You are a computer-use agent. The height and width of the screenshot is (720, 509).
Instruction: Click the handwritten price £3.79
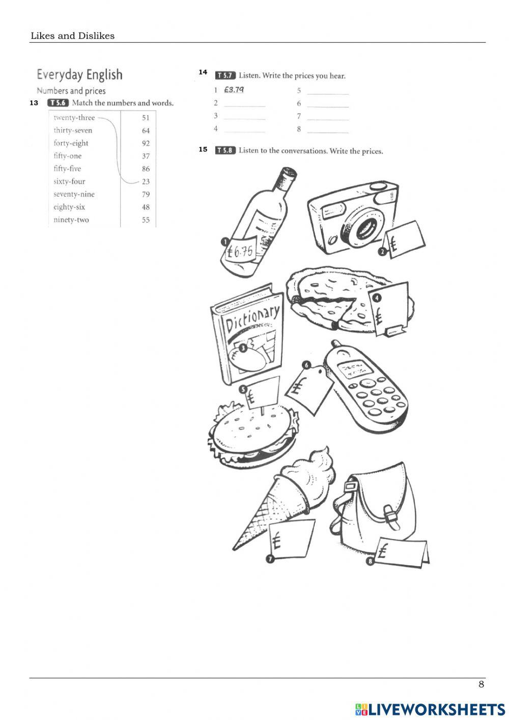click(x=234, y=90)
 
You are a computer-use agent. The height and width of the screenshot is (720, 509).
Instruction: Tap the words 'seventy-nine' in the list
click(x=74, y=194)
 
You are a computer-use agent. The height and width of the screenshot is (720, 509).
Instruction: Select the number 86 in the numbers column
click(x=146, y=169)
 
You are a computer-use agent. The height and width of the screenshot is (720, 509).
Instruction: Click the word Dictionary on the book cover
click(x=252, y=319)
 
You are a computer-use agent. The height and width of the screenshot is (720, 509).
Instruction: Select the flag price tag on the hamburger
click(x=262, y=392)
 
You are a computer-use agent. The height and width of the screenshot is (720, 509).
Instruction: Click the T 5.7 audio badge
click(x=225, y=75)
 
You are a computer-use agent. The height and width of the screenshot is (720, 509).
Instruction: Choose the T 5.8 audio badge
click(x=225, y=150)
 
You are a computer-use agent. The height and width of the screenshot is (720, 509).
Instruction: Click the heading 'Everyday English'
click(x=79, y=75)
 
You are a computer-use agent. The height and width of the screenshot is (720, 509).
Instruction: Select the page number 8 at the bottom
click(x=481, y=684)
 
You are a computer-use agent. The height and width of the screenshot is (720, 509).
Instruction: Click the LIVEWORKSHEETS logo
click(x=430, y=709)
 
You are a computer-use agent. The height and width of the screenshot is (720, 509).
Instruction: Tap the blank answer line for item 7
click(x=328, y=117)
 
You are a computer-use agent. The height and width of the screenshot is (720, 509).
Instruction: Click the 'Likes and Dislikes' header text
click(x=72, y=36)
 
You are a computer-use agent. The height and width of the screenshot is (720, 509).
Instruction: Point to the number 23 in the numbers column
click(x=146, y=181)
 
